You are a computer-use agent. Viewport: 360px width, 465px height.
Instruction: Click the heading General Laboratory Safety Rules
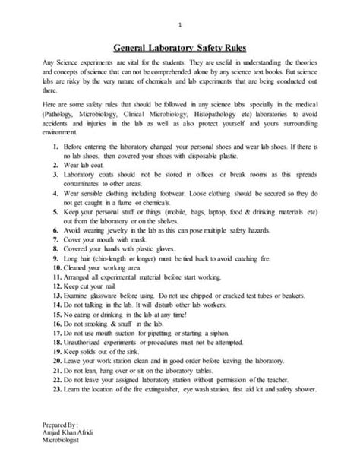click(180, 46)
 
